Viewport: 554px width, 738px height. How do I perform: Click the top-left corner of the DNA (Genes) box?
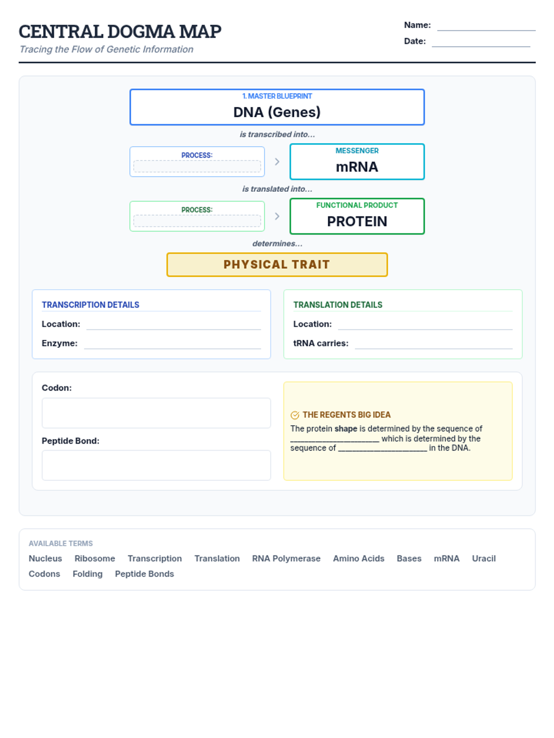pos(130,89)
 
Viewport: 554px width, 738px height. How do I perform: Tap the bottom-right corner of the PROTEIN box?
pos(424,234)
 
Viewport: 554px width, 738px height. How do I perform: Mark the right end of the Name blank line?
pos(535,30)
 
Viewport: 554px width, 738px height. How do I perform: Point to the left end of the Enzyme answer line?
pos(84,349)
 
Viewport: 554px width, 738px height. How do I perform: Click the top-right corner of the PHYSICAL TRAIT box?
pos(387,253)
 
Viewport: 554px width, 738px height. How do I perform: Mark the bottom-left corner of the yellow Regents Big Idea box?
pos(284,480)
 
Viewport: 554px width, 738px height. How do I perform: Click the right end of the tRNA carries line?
pos(512,349)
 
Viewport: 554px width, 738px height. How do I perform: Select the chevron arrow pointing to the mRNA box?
pos(277,162)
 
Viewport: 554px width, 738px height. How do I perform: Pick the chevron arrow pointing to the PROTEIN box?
pos(277,216)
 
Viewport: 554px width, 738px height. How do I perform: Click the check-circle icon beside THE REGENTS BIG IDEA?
pos(295,415)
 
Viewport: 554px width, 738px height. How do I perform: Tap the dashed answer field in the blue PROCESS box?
pos(197,166)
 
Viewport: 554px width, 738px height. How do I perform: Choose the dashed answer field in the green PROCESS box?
pos(197,221)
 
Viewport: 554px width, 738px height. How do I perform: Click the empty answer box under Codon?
pos(157,413)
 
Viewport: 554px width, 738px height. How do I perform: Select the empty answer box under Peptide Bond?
pos(157,465)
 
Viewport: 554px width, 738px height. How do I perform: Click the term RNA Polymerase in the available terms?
pos(286,559)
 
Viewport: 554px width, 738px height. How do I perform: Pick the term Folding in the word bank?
pos(87,574)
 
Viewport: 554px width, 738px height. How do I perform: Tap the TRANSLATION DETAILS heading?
pos(338,304)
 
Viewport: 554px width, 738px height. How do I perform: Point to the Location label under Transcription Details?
pos(61,324)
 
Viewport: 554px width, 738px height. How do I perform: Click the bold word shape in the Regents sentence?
pos(346,429)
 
